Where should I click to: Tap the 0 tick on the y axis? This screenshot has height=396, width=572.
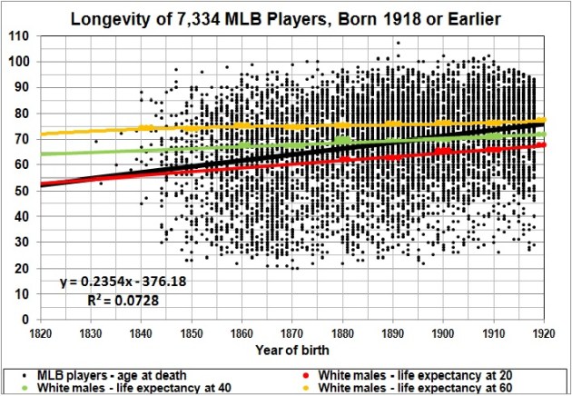point(25,320)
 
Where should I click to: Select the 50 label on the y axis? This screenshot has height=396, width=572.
point(22,191)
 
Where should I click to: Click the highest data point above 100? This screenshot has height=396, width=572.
point(398,43)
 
